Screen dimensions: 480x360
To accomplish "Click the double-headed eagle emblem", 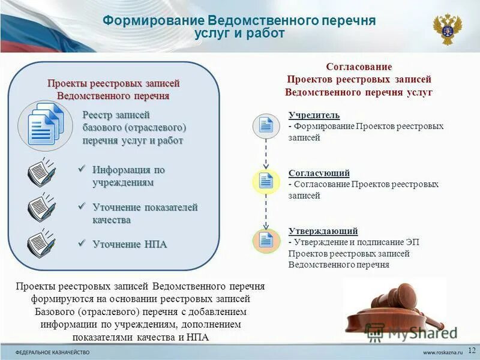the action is [x=448, y=29].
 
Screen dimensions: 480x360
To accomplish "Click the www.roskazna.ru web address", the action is [x=443, y=351].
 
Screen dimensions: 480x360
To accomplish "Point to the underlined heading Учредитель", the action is [x=314, y=115].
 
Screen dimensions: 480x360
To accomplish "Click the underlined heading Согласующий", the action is [x=319, y=173].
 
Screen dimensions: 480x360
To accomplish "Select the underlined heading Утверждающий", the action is [x=323, y=230].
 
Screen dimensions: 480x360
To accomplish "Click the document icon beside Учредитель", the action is [x=266, y=125].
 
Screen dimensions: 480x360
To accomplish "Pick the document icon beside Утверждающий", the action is [x=266, y=240].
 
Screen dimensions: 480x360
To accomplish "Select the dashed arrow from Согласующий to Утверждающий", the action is [x=266, y=211].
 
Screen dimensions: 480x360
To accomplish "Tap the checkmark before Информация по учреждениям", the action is [x=83, y=169].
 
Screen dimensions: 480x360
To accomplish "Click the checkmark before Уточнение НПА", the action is [x=83, y=243].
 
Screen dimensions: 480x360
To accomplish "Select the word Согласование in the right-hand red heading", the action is [x=359, y=67].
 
